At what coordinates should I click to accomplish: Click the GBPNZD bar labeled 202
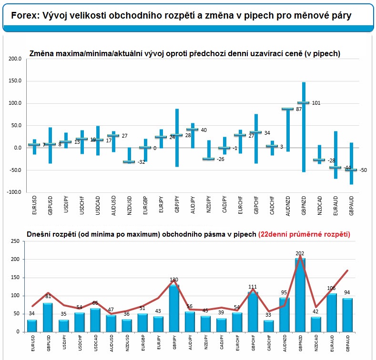point(300,295)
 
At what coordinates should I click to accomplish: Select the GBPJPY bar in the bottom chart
point(174,308)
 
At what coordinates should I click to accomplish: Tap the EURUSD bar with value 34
point(32,326)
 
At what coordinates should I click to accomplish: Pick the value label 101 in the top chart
point(316,103)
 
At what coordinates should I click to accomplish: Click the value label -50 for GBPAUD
point(363,170)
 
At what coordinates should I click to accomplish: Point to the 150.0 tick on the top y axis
point(15,81)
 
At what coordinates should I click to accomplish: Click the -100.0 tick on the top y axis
point(14,192)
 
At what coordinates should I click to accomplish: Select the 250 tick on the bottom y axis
point(15,241)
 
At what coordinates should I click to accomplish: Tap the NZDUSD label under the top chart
point(130,206)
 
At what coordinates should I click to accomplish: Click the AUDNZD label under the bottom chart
point(285,343)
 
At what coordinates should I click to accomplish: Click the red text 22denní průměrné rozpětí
point(304,234)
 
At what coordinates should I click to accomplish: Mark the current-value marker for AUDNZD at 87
point(287,109)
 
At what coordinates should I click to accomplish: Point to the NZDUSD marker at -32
point(129,162)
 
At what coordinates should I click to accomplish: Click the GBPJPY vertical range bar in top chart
point(177,138)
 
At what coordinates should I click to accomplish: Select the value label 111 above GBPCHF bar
point(253,287)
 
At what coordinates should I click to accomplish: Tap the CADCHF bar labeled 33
point(269,326)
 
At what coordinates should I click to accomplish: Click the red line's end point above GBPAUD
point(347,270)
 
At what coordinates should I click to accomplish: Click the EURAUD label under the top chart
point(335,206)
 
